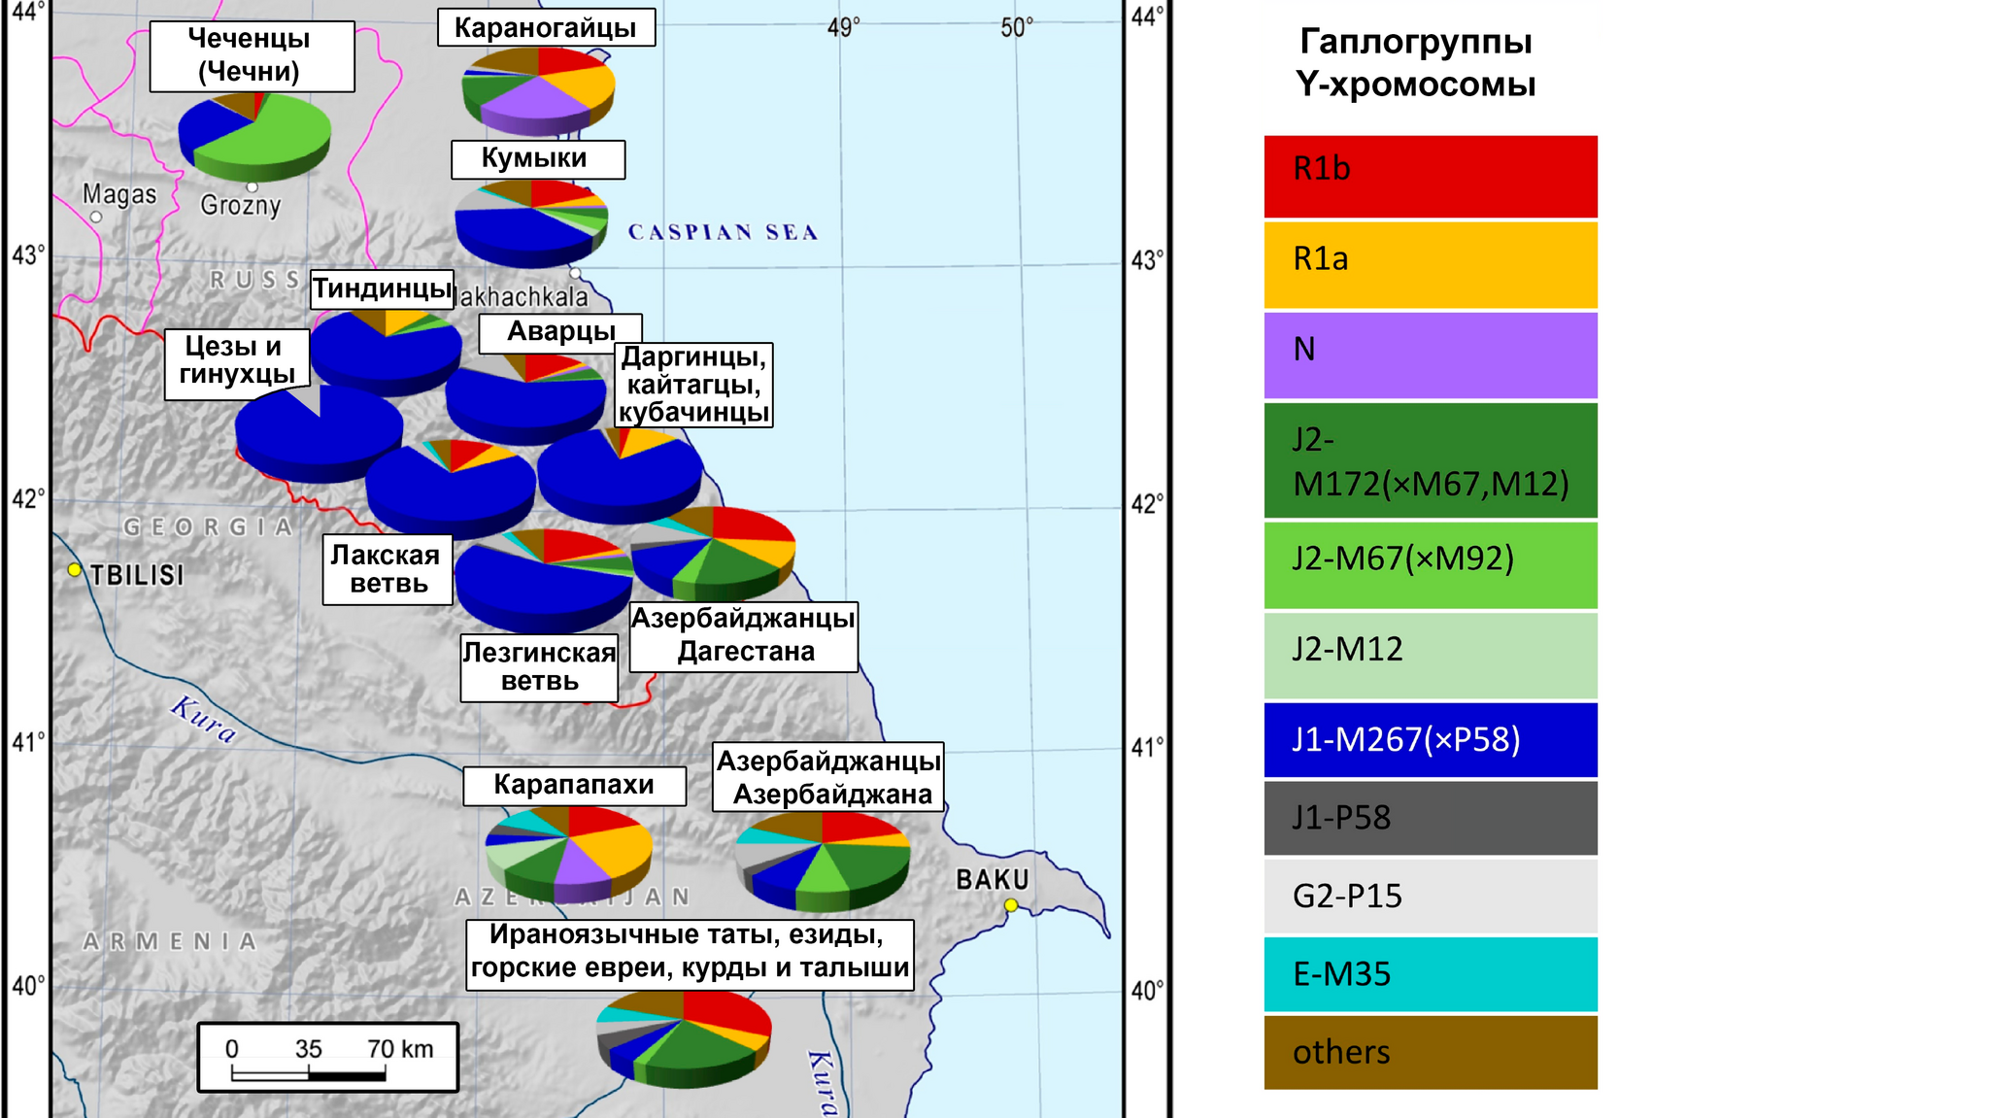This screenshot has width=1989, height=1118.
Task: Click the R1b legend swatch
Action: (1430, 176)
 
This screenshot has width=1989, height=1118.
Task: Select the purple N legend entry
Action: (1430, 355)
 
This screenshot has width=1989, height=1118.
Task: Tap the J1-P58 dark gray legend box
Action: (1430, 818)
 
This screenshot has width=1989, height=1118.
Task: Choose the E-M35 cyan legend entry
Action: (1430, 973)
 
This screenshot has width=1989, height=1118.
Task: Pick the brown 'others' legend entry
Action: (1430, 1052)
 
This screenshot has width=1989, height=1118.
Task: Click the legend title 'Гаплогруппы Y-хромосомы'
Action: (1415, 62)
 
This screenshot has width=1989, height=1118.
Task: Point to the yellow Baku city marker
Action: (1011, 905)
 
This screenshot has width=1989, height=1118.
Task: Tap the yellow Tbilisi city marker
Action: (75, 570)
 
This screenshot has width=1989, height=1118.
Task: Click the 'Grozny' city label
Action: (240, 205)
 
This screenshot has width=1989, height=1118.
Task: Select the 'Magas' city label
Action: (119, 194)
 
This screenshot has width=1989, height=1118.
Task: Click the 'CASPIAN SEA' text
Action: (723, 232)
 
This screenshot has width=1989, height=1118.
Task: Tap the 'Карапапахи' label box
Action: (574, 785)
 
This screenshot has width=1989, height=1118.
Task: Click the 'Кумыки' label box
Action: (537, 159)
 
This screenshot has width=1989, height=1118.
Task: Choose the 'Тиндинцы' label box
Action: (382, 288)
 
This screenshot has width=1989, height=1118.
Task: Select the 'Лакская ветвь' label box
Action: (388, 569)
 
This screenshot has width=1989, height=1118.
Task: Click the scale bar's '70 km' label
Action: (400, 1049)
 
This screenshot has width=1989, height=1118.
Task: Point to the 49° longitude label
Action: (843, 27)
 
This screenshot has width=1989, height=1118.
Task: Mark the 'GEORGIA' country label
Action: (208, 527)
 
